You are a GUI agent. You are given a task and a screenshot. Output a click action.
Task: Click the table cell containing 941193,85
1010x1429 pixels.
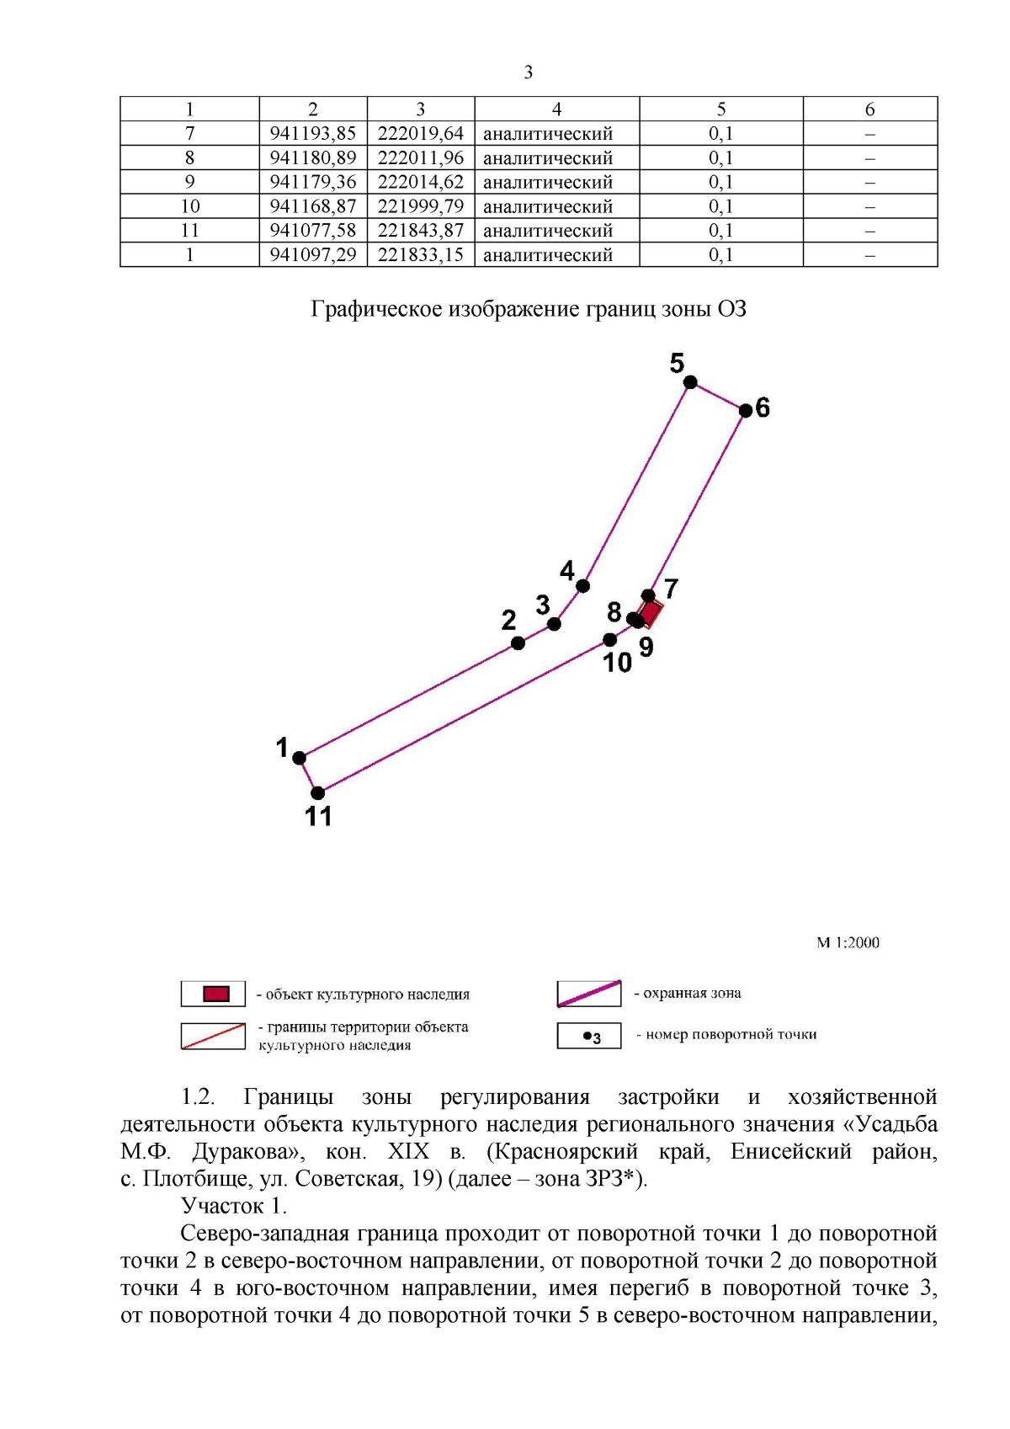point(313,134)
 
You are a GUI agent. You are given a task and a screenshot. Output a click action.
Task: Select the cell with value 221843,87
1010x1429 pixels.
point(421,231)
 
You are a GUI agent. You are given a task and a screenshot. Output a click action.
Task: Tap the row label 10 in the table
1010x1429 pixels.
point(189,206)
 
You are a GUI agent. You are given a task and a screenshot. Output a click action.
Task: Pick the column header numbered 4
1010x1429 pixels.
point(556,109)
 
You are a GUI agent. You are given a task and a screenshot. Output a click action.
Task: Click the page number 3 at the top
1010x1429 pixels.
point(529,72)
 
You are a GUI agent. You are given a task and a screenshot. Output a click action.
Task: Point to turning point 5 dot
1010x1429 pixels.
point(690,382)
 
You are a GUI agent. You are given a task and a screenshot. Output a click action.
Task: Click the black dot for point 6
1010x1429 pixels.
point(746,411)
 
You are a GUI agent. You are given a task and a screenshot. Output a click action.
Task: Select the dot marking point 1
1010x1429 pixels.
point(299,758)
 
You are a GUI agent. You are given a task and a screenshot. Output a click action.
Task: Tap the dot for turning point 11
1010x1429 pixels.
point(317,793)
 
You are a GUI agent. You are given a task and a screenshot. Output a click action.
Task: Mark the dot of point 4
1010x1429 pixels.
point(582,586)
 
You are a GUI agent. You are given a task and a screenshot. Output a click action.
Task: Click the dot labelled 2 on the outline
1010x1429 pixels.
point(518,643)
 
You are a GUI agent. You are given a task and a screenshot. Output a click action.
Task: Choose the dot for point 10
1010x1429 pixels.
point(610,640)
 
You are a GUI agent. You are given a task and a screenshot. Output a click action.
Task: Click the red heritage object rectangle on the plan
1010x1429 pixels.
point(651,612)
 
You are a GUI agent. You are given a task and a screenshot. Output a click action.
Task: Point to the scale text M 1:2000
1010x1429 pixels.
point(848,943)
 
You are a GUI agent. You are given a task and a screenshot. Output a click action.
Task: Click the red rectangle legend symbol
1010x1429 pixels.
point(215,994)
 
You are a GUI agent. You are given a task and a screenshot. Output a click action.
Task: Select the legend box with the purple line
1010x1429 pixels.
point(589,994)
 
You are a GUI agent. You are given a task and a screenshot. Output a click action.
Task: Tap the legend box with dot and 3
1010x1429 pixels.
point(589,1036)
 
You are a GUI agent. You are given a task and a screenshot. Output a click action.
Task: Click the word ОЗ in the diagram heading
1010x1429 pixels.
point(731,310)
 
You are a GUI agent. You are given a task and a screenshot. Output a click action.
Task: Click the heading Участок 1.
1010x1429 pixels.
point(234,1207)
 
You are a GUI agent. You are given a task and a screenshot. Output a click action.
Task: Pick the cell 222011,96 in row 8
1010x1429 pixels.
point(421,158)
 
